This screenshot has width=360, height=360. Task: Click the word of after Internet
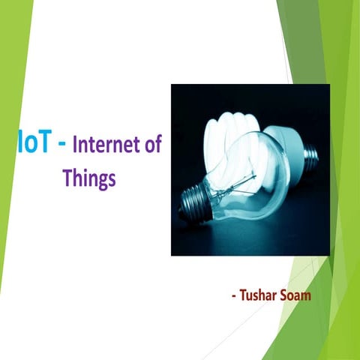153,145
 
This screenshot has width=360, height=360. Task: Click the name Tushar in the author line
259,295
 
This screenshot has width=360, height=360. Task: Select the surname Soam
295,295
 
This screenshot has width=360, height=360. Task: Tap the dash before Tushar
234,295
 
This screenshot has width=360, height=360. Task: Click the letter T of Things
67,178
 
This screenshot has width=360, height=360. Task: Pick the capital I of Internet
76,145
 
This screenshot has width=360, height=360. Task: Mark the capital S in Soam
283,295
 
